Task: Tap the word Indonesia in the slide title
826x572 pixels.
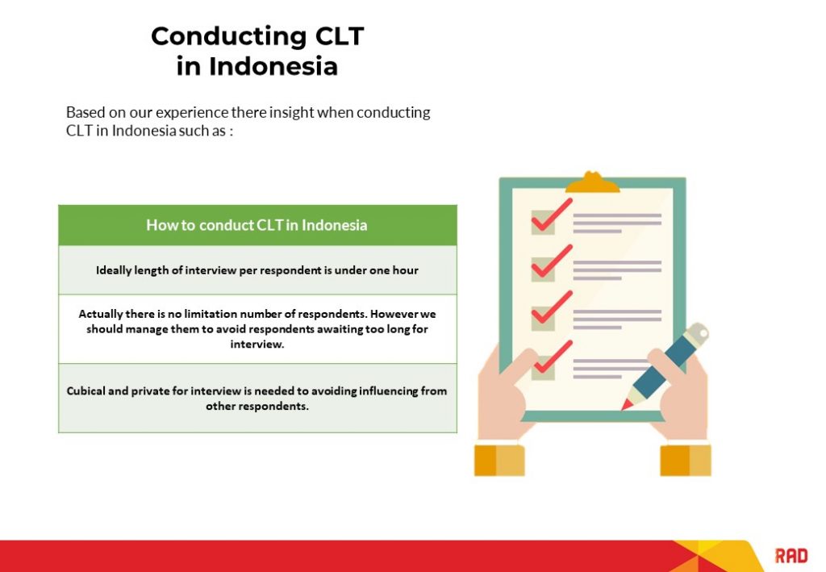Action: [x=273, y=66]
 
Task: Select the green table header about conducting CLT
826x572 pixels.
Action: [x=257, y=225]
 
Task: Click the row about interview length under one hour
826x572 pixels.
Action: [x=257, y=270]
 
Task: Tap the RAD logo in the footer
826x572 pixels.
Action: [x=791, y=555]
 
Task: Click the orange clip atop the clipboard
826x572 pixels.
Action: [x=592, y=182]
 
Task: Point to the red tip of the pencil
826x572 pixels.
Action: [x=625, y=405]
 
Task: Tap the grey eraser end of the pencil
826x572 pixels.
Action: [x=699, y=332]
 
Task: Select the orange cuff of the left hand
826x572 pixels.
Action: [x=499, y=460]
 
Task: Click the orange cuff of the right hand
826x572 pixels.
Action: [x=686, y=460]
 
